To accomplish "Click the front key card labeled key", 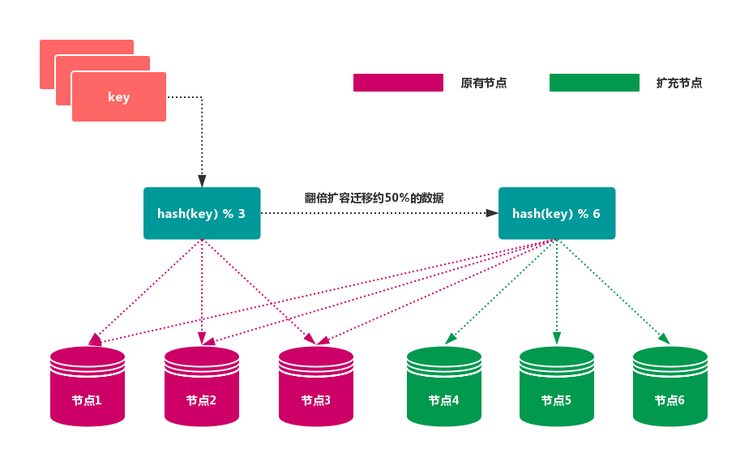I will [118, 97].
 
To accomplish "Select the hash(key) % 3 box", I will [202, 214].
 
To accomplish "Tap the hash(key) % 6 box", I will [556, 214].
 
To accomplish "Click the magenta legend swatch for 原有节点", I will [398, 83].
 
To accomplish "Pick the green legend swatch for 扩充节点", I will [594, 83].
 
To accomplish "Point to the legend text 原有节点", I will [484, 83].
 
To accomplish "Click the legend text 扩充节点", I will [679, 83].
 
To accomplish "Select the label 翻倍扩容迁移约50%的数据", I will [374, 198].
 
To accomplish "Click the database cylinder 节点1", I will [88, 387].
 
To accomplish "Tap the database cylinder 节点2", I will [202, 387].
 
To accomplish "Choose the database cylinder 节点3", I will [316, 387].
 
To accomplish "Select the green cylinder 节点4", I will [444, 387].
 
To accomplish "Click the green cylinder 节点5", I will [557, 387].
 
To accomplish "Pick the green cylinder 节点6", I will [670, 387].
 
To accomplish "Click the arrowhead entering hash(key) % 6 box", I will [492, 214].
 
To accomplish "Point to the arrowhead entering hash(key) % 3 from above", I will [202, 181].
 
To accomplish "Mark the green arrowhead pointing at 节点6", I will [664, 339].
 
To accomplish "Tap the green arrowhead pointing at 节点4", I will [450, 339].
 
